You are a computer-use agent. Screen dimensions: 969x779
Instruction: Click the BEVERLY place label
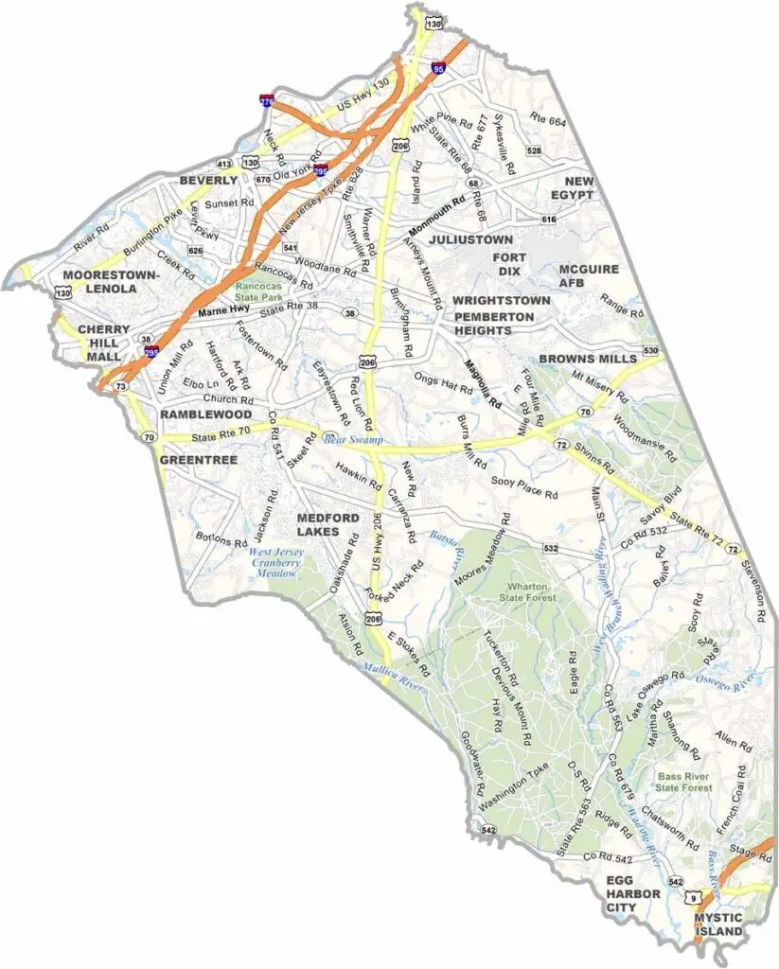[x=208, y=180]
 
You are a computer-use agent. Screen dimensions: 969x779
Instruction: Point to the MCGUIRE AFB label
[x=589, y=275]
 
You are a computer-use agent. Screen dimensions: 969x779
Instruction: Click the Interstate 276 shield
[x=268, y=99]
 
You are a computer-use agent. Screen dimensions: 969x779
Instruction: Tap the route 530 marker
[x=649, y=351]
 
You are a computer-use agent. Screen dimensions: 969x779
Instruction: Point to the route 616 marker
[x=548, y=220]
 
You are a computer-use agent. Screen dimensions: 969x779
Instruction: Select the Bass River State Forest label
[x=683, y=781]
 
